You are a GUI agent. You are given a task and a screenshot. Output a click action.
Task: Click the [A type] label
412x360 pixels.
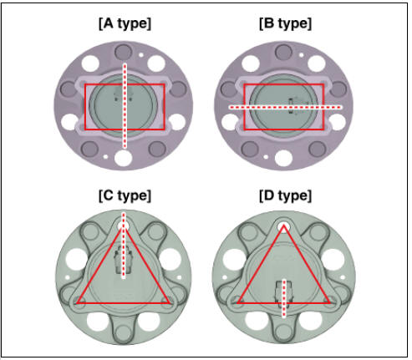point(125,24)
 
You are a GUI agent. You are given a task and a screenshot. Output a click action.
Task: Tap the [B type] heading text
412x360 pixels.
point(285,24)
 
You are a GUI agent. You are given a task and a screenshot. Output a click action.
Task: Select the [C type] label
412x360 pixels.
point(125,196)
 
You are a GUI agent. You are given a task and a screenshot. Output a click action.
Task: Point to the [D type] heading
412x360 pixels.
point(285,196)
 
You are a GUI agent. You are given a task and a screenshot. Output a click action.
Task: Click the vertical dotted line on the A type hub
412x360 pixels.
point(125,106)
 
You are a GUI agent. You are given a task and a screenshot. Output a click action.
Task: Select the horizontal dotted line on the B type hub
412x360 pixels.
point(285,107)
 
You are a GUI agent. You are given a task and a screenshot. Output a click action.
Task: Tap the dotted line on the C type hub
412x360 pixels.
point(124,246)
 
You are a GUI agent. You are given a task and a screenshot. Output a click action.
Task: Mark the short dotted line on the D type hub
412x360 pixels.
point(283,298)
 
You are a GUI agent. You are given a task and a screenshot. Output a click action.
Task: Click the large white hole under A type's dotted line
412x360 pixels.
point(123,158)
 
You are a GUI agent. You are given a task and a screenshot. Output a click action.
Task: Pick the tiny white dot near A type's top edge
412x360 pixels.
point(141,55)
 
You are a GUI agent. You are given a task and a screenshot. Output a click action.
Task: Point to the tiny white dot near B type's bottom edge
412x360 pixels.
point(266,157)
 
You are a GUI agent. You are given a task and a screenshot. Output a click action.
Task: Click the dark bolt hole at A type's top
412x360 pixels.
point(123,52)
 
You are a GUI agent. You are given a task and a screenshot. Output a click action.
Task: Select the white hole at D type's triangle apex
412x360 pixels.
point(283,226)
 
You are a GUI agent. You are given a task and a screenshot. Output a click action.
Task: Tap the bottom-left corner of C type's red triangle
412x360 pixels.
point(77,303)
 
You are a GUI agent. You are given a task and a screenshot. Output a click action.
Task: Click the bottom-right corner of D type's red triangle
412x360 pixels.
point(330,302)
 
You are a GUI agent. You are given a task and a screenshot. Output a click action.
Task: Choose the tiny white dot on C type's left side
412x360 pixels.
point(68,277)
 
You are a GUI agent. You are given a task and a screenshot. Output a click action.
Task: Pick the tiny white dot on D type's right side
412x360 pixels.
point(343,277)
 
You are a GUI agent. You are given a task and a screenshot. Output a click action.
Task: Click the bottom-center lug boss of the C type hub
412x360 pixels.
point(124,332)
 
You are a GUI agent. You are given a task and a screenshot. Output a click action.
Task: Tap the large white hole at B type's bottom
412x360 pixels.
point(283,158)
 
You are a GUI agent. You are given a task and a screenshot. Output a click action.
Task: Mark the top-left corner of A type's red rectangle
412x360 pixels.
point(85,84)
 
